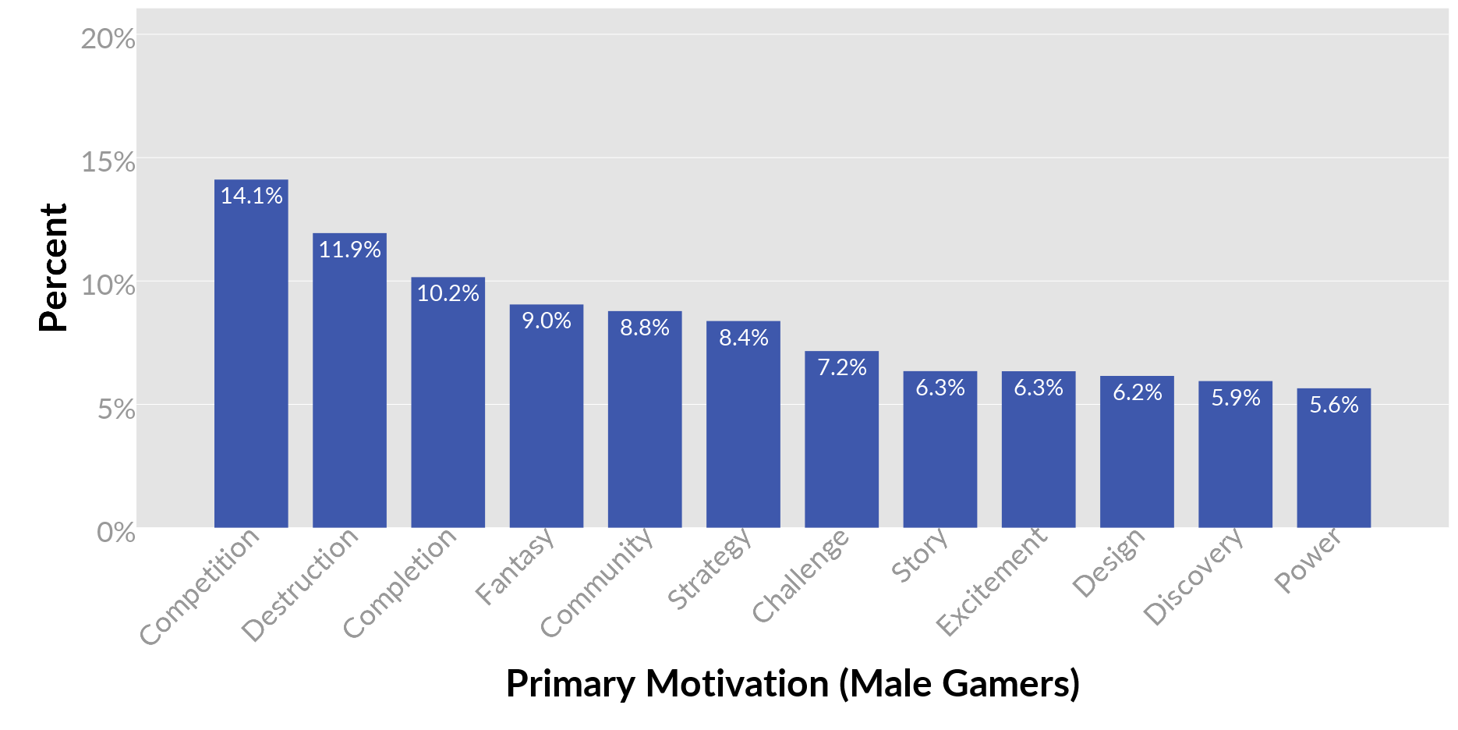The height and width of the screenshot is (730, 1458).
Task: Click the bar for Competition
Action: [251, 359]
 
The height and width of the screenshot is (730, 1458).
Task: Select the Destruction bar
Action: [349, 382]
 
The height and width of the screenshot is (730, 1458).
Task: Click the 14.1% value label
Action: [251, 196]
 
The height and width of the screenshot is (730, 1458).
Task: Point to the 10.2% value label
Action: [448, 293]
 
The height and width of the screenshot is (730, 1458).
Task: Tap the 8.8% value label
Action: [645, 328]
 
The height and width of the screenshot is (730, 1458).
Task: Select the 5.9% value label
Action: [1235, 398]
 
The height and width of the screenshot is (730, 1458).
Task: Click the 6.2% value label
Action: [1137, 392]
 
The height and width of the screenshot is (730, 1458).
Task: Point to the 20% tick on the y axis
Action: [108, 39]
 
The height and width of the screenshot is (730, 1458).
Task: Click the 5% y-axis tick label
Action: [115, 409]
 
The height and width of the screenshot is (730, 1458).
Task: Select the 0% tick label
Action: [115, 533]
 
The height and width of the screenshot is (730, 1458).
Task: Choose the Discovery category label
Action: [1193, 577]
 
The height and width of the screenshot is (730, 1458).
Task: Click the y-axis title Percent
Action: [54, 268]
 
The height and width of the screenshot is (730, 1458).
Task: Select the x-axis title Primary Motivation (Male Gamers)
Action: [792, 684]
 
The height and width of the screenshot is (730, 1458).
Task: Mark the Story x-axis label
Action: [920, 556]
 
